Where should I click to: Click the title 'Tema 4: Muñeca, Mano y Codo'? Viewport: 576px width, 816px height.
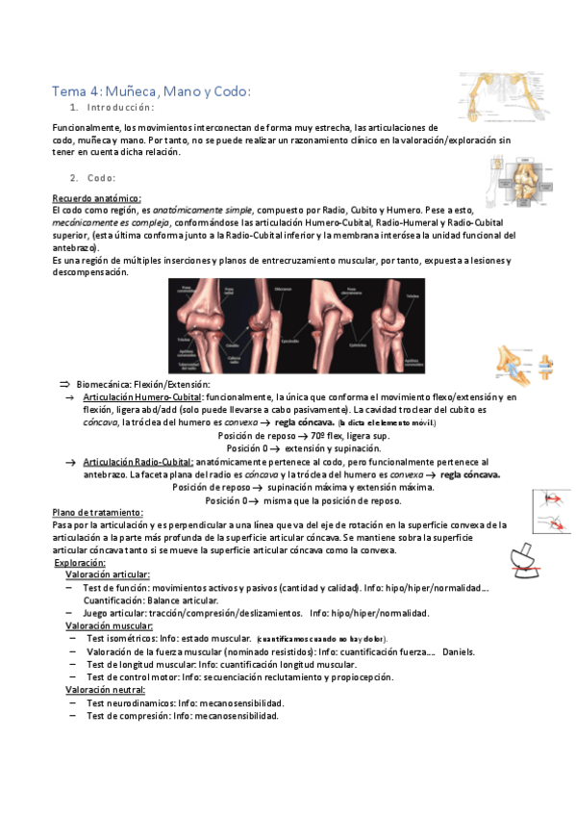click(x=151, y=91)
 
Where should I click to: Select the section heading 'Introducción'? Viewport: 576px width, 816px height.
click(x=118, y=108)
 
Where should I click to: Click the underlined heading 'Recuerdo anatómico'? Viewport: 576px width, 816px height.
click(x=96, y=198)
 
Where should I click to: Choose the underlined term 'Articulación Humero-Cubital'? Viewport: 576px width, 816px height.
click(x=142, y=396)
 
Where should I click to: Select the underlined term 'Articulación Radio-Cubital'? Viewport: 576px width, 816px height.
click(x=138, y=462)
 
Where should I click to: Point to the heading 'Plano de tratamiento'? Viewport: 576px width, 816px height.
click(x=97, y=512)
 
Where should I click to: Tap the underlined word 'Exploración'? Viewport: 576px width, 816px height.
click(x=80, y=562)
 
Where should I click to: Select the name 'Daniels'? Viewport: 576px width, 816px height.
click(x=458, y=651)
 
